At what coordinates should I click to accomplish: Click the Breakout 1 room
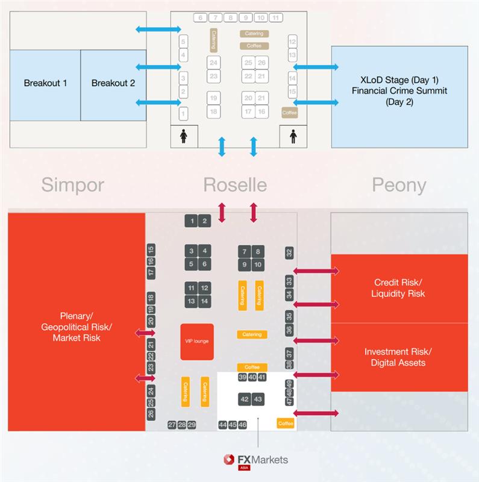[x=45, y=84]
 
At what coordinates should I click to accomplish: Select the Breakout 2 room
[x=113, y=84]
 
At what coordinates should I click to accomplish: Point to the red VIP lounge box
[x=197, y=342]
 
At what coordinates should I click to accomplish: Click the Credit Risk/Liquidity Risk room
[x=399, y=288]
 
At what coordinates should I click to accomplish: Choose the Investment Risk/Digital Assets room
[x=399, y=357]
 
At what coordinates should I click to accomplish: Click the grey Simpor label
[x=73, y=184]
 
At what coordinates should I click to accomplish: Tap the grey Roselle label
[x=234, y=184]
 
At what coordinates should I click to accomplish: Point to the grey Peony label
[x=399, y=184]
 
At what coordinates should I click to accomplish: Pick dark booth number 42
[x=245, y=399]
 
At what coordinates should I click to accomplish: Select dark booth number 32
[x=289, y=252]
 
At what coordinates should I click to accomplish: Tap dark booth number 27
[x=172, y=425]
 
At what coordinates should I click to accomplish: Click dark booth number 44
[x=223, y=425]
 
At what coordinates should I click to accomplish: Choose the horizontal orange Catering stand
[x=252, y=334]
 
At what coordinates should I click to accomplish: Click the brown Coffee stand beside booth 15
[x=290, y=112]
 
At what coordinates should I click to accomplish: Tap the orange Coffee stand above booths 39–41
[x=252, y=367]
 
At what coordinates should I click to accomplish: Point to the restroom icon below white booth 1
[x=184, y=136]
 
